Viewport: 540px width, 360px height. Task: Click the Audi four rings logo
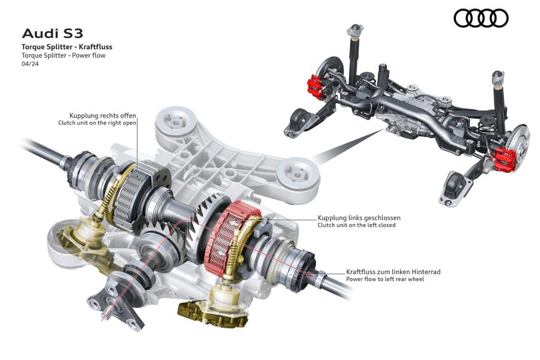click(481, 18)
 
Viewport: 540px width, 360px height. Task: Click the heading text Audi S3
click(52, 34)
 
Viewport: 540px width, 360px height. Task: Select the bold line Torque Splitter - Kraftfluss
click(67, 47)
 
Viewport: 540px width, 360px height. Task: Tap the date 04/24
click(31, 64)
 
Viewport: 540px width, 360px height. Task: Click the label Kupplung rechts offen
click(103, 116)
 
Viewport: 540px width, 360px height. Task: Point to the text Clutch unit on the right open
click(97, 123)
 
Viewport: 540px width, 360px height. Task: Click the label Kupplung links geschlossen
click(359, 218)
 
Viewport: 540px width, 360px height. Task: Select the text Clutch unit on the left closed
click(356, 226)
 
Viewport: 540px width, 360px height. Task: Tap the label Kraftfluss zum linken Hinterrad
click(393, 272)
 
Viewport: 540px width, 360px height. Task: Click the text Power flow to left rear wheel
click(385, 279)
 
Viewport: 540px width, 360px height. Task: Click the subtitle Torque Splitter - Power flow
click(64, 55)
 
